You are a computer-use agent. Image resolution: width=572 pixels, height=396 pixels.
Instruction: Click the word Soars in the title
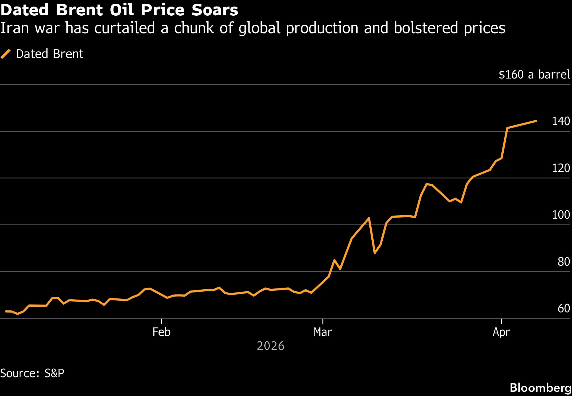[215, 10]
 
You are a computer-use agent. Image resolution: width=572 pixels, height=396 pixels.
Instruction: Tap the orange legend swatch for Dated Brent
[6, 54]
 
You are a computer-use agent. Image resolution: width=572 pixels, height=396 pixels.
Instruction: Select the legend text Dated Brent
[50, 54]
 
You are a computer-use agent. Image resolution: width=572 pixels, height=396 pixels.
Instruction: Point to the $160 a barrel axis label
[534, 75]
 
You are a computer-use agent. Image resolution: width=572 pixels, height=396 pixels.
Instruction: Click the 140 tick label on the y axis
[561, 121]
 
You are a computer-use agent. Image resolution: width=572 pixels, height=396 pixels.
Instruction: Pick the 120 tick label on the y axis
[561, 168]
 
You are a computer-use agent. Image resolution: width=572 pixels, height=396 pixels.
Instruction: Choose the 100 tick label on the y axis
[561, 215]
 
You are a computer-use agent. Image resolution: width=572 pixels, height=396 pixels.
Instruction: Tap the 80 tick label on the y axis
[563, 262]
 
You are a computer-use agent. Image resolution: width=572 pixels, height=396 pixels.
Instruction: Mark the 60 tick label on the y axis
[563, 308]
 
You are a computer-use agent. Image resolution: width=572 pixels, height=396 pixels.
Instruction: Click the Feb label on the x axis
[161, 332]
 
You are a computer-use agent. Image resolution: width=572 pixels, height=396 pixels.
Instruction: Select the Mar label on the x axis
[323, 332]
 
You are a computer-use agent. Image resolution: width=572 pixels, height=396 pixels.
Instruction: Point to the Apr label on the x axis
[501, 332]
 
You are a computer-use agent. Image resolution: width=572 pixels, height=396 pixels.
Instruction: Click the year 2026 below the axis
[270, 346]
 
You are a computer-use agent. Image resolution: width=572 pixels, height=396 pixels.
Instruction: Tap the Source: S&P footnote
[32, 373]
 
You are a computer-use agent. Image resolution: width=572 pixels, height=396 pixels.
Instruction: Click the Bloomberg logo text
[540, 388]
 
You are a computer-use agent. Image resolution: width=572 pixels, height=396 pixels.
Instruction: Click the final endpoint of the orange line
[536, 121]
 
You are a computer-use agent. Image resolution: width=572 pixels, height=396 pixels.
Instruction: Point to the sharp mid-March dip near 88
[375, 253]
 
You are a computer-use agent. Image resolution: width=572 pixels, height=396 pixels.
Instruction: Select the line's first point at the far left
[6, 312]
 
